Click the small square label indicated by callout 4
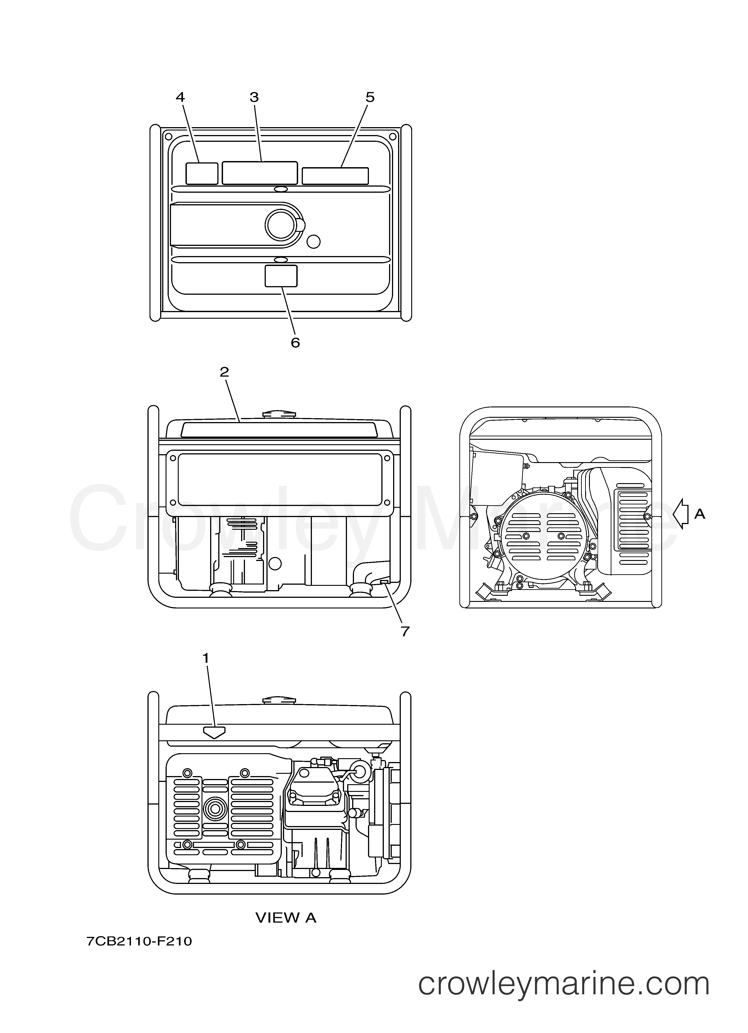click(x=202, y=173)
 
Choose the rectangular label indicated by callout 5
click(x=335, y=176)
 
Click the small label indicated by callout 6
click(x=281, y=276)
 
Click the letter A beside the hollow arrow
click(x=700, y=514)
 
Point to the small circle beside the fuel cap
click(x=313, y=241)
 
